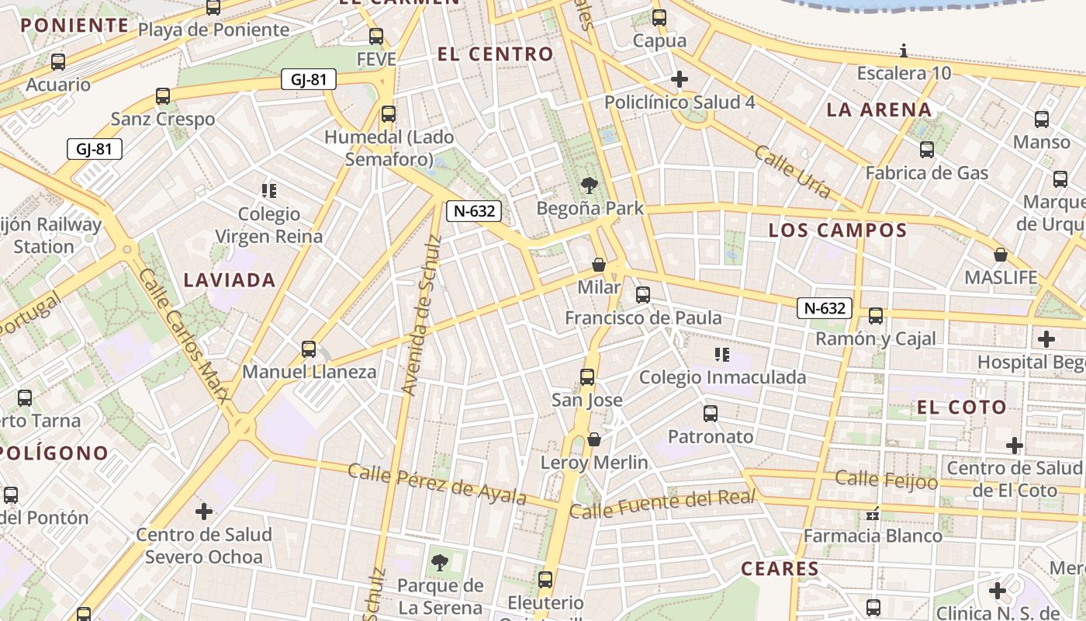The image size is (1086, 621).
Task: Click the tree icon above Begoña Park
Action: (590, 185)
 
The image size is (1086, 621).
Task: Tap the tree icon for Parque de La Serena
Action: (439, 562)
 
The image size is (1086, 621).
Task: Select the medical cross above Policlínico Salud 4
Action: (680, 79)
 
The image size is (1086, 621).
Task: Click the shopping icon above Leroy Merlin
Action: (594, 440)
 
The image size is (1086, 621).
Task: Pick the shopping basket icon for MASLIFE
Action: (1001, 255)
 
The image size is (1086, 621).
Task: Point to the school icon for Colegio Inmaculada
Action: (722, 355)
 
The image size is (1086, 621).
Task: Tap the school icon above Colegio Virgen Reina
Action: (269, 190)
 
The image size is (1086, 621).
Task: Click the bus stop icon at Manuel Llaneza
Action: (309, 349)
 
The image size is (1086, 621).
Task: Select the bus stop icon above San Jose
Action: (587, 377)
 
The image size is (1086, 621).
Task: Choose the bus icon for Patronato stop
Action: (711, 414)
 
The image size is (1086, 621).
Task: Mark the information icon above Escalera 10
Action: (904, 51)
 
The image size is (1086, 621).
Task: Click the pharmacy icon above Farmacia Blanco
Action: (873, 513)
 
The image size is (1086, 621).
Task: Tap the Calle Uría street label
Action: (793, 171)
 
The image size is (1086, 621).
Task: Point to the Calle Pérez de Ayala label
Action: (437, 484)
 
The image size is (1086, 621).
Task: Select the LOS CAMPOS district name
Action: (837, 231)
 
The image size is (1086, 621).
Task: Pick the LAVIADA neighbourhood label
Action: (230, 280)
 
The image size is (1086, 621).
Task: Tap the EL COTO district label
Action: (961, 408)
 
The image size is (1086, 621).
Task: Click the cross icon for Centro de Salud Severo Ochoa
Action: (204, 512)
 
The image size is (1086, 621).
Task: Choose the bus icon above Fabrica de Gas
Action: (927, 150)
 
